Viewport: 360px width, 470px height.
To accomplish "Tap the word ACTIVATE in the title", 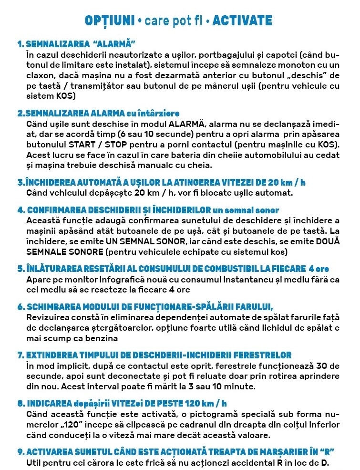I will tap(242, 21).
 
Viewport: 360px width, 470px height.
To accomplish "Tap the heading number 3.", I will tap(21, 183).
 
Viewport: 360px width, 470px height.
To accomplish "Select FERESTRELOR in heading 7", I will tap(262, 355).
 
